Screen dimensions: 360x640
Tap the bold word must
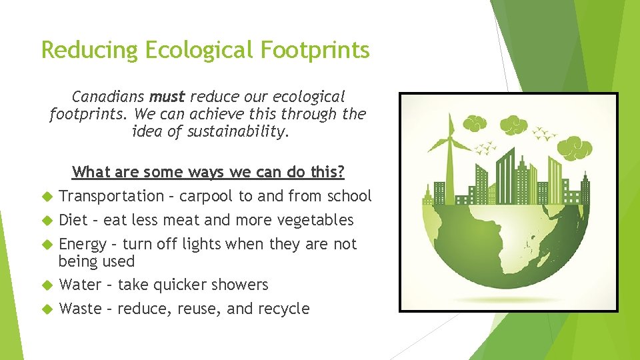coord(167,97)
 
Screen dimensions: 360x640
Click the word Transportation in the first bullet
coord(111,196)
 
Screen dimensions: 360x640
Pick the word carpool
coord(207,196)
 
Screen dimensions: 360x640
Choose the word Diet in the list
coord(73,220)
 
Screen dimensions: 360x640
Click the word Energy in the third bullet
coord(83,244)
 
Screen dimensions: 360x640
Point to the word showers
coord(240,285)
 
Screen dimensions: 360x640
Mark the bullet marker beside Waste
coord(47,309)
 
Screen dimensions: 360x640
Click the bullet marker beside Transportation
coord(47,196)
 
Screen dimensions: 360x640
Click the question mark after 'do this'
coord(341,172)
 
